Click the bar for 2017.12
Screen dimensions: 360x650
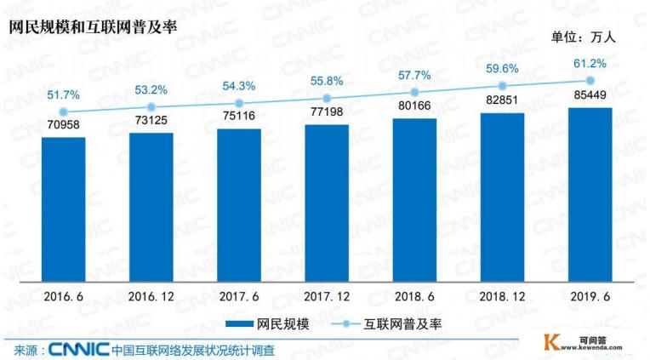327,203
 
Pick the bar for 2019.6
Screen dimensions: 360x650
590,195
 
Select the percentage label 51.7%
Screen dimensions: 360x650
64,94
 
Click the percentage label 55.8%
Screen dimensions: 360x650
327,81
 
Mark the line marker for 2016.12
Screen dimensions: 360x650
151,106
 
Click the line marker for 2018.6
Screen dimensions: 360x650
414,92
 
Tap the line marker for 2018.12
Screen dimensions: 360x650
502,86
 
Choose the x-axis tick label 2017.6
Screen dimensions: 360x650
239,297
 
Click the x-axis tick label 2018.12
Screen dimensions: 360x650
502,297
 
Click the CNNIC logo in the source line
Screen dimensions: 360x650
78,349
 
